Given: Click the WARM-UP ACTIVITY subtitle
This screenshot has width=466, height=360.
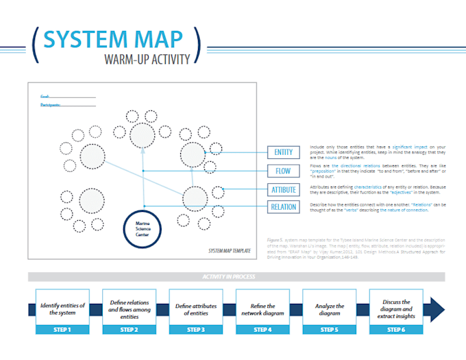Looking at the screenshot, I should click(147, 59).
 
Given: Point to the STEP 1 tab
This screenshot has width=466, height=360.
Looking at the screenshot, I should click(62, 330).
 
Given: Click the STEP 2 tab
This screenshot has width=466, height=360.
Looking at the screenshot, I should click(130, 330).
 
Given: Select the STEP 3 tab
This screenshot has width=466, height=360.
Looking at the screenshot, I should click(196, 330).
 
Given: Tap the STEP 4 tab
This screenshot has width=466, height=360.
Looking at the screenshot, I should click(263, 330).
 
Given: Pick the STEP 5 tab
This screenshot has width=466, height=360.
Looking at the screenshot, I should click(330, 330).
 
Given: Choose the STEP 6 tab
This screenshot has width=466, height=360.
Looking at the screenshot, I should click(397, 330).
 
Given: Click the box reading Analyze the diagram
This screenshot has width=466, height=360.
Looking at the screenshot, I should click(330, 309).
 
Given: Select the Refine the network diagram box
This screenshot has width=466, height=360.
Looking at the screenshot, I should click(263, 309).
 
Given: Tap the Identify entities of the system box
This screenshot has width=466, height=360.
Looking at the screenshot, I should click(62, 309).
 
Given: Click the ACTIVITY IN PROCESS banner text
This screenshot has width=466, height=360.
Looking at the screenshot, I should click(228, 277).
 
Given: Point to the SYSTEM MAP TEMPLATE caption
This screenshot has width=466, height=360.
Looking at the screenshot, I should click(228, 251).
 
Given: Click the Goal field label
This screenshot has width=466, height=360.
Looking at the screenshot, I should click(45, 97).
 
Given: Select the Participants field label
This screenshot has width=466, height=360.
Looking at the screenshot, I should click(50, 105).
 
